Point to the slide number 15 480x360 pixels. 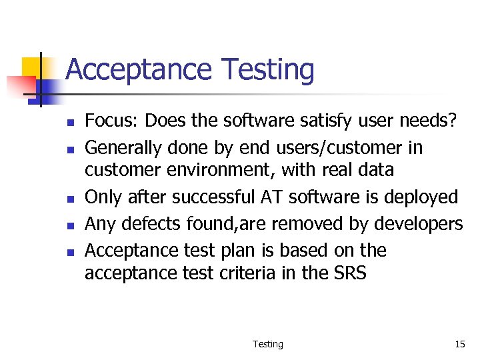460,344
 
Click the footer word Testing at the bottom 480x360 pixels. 267,344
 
